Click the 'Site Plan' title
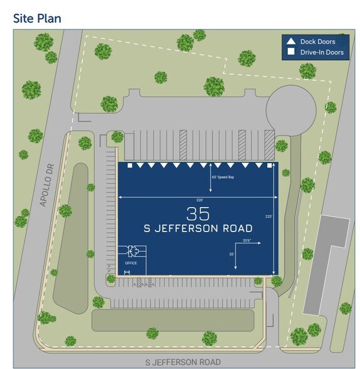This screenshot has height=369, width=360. click(x=37, y=18)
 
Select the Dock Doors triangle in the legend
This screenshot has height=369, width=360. click(x=290, y=41)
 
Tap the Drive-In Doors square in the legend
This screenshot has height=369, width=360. click(x=290, y=52)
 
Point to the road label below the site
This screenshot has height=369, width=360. click(x=183, y=362)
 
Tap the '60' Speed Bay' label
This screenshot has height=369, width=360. click(x=223, y=178)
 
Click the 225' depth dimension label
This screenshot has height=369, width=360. click(x=268, y=217)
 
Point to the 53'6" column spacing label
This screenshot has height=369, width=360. click(x=247, y=240)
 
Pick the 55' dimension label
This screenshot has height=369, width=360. click(x=231, y=254)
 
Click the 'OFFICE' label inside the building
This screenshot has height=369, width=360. click(x=130, y=263)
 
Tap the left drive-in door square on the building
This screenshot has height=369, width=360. click(x=130, y=166)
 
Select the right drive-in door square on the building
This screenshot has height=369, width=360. click(x=270, y=166)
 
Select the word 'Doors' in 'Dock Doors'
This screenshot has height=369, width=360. click(x=331, y=41)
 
